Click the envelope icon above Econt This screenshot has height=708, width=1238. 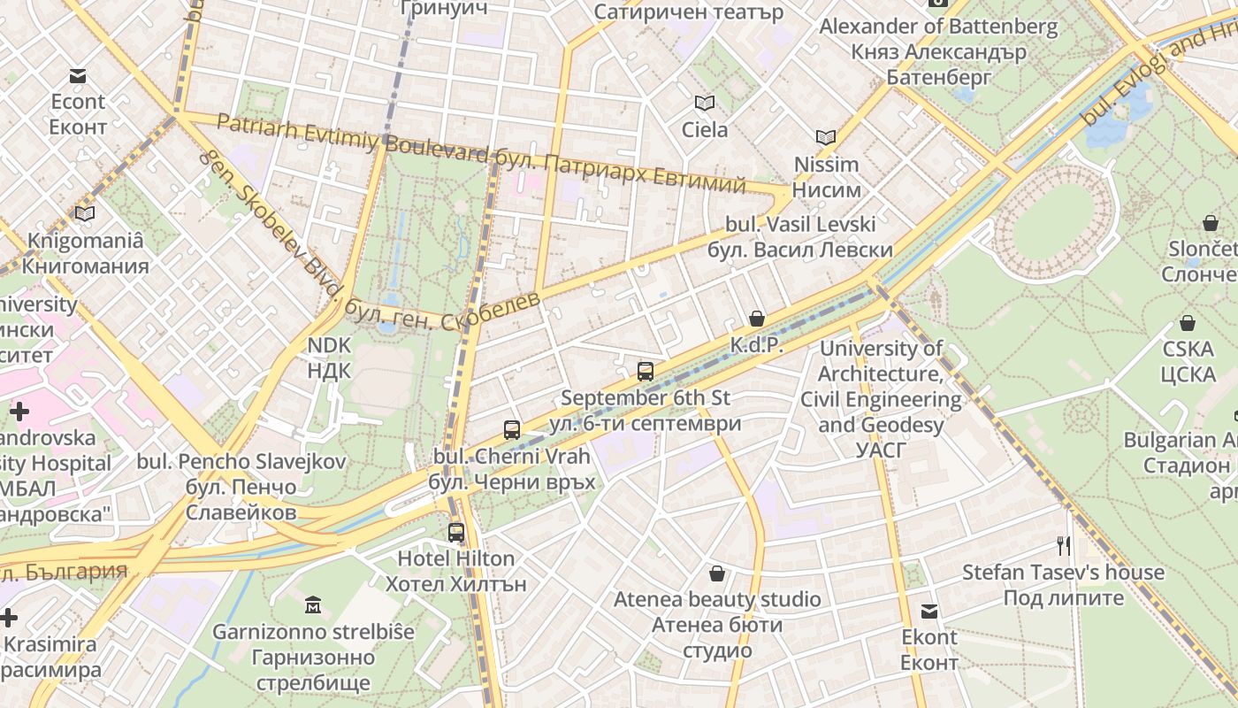click(78, 76)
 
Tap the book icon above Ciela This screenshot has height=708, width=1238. click(704, 104)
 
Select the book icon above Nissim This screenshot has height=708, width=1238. click(826, 138)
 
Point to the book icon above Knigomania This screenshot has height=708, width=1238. click(85, 214)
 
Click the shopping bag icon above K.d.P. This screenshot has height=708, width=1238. click(757, 319)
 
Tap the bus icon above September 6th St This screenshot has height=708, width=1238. click(646, 372)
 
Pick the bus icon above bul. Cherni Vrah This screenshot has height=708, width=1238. click(512, 431)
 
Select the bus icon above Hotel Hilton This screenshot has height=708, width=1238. click(456, 533)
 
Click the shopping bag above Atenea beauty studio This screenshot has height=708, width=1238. click(717, 574)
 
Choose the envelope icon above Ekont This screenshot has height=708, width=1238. click(929, 612)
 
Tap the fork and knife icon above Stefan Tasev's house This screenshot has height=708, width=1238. click(1064, 546)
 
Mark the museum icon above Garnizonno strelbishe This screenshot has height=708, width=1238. click(313, 606)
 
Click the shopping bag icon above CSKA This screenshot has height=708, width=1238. click(1188, 324)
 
